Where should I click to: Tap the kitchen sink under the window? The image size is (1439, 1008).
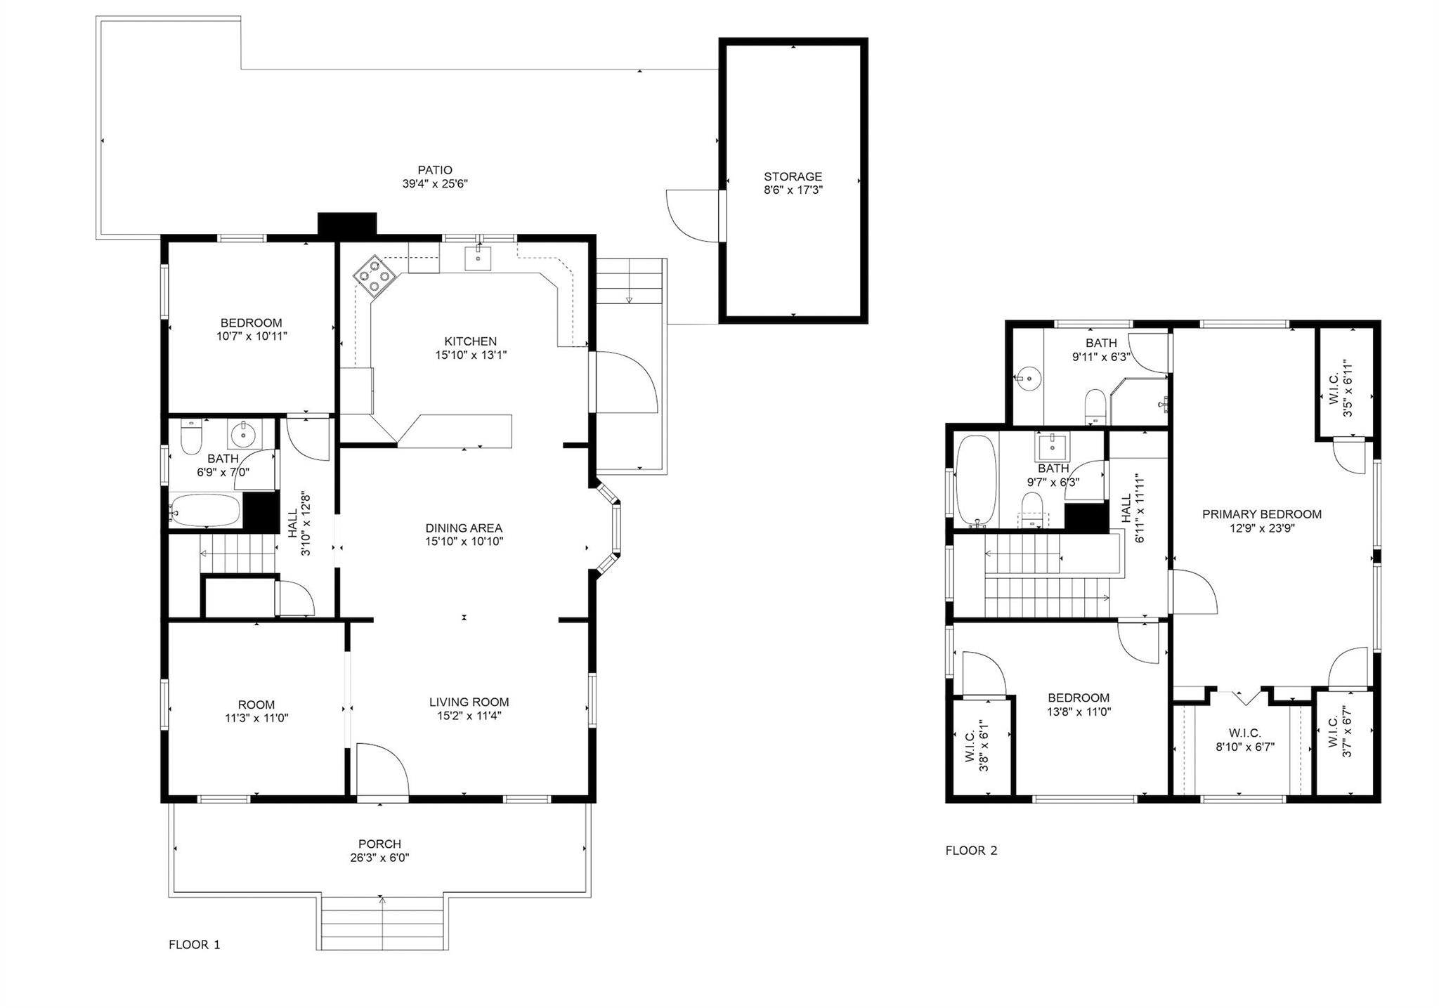[478, 257]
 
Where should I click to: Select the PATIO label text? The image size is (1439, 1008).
[435, 170]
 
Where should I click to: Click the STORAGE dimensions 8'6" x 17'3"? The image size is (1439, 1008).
[793, 190]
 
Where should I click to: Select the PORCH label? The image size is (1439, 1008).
[379, 844]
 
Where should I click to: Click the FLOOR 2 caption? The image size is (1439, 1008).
[971, 851]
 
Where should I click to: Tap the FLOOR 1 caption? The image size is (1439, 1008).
[195, 945]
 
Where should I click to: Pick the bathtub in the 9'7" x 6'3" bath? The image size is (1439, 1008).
[976, 481]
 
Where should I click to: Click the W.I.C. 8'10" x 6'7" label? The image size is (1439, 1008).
[1244, 740]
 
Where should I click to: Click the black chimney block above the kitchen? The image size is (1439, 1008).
[347, 224]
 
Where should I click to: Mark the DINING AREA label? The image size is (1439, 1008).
[464, 528]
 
